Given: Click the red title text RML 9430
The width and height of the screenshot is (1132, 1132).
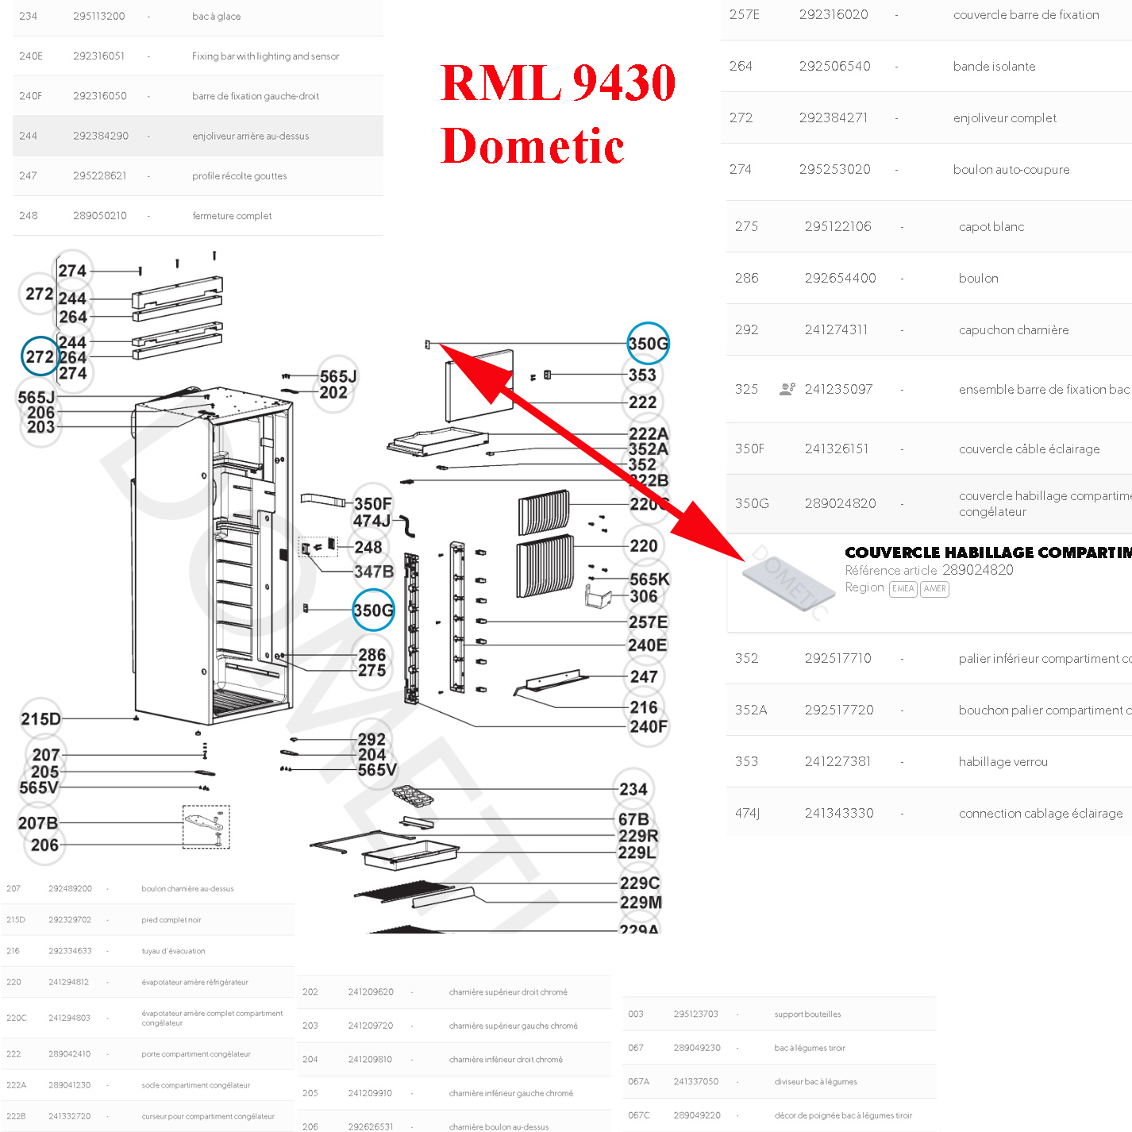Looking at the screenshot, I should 557,83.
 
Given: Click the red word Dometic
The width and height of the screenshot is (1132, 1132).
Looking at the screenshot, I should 532,146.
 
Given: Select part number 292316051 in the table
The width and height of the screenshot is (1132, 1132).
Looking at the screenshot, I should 98,56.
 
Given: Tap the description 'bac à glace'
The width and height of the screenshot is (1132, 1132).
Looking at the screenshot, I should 216,17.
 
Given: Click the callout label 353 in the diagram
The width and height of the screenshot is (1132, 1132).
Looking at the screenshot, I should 642,375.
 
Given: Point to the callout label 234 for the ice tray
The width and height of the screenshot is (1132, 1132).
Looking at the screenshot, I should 633,789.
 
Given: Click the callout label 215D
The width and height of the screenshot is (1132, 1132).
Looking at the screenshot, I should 40,719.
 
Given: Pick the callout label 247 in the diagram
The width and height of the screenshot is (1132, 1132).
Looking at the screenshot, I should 643,677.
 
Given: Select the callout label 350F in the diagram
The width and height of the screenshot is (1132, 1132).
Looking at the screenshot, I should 372,504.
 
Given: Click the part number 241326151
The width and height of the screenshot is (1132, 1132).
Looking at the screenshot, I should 836,449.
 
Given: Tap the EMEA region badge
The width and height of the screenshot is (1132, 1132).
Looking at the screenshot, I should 903,589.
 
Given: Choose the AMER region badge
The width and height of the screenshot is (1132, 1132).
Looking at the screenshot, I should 934,589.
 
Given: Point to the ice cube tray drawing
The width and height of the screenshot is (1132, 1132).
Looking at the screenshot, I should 414,796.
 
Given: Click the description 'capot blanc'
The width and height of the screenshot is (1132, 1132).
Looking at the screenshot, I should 991,227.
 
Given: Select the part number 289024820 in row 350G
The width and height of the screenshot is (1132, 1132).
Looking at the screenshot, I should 840,504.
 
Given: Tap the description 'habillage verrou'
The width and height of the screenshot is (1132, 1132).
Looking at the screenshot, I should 1003,762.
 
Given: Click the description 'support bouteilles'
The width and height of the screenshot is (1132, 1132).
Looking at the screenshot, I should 807,1015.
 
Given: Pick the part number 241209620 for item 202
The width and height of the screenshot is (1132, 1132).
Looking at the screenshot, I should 371,992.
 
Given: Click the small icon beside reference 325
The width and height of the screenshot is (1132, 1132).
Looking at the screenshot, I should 787,389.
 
